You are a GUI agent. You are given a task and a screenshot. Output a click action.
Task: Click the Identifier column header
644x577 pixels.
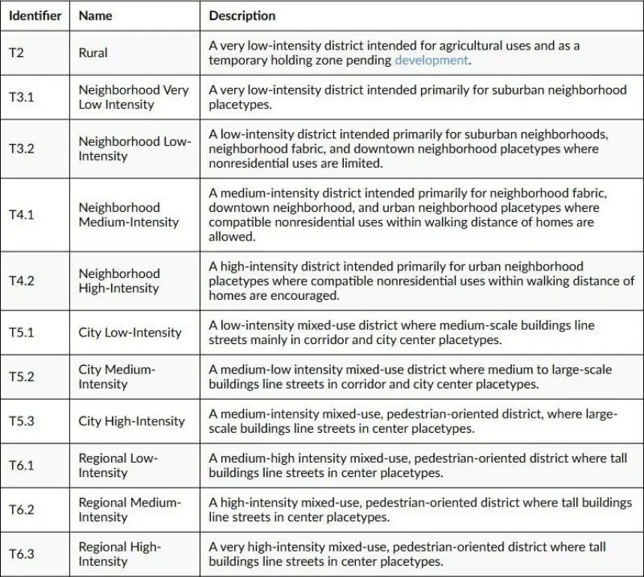click(35, 15)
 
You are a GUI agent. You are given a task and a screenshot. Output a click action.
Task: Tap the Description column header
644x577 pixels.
click(242, 15)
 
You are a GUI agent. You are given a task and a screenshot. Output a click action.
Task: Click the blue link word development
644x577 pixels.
click(432, 60)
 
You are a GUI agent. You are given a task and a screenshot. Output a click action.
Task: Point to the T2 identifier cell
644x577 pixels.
click(17, 53)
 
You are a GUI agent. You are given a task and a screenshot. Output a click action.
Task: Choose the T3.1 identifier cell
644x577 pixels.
click(21, 97)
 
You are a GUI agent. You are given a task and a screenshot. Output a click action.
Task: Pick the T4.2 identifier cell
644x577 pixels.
click(21, 281)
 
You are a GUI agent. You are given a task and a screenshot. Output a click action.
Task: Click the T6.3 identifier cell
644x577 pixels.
click(21, 554)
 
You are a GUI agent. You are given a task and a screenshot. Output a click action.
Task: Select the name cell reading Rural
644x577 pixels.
click(93, 53)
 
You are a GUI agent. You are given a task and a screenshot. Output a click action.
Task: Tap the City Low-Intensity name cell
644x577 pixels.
click(130, 332)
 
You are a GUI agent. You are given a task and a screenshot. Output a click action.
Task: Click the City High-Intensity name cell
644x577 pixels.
click(131, 421)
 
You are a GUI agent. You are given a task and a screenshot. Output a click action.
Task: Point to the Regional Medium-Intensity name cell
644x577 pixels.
click(130, 509)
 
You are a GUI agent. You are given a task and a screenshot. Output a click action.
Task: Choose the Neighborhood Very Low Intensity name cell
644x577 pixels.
click(134, 97)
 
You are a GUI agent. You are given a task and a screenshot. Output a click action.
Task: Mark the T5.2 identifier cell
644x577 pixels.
click(21, 376)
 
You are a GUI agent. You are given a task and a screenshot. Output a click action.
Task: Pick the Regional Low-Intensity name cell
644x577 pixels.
click(119, 465)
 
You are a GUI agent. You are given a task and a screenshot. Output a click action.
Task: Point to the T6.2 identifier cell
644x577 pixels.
click(21, 509)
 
